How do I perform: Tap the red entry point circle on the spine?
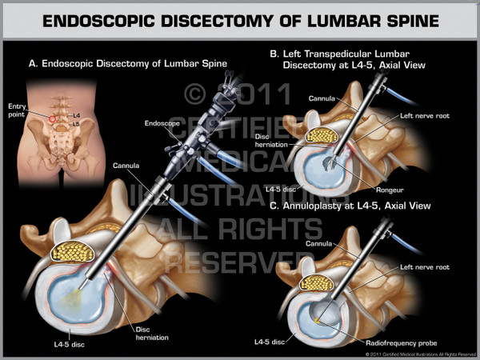pos(54,119)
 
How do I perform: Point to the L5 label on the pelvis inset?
pos(76,126)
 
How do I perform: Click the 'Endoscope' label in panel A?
pos(161,124)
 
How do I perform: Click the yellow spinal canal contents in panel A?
pos(74,253)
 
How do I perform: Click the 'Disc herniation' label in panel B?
pos(268,139)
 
